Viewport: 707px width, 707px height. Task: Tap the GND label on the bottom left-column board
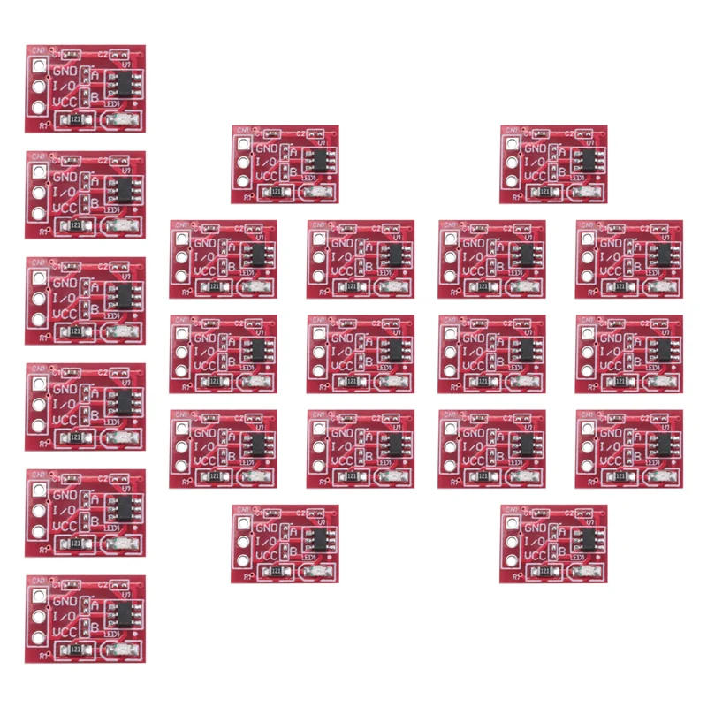65,599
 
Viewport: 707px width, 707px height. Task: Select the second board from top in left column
86,194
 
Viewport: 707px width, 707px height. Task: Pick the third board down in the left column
86,300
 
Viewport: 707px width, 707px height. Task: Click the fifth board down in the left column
86,513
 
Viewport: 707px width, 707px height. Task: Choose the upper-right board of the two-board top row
553,164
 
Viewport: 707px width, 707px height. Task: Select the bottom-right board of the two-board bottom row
553,544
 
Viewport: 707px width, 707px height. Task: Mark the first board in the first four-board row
223,259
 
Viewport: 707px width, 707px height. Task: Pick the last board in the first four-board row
628,259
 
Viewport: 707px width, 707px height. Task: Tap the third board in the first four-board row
491,259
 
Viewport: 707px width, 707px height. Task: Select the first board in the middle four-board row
223,353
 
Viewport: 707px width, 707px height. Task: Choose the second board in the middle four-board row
361,353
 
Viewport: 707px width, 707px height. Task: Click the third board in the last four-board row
491,449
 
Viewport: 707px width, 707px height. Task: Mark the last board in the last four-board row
628,449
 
